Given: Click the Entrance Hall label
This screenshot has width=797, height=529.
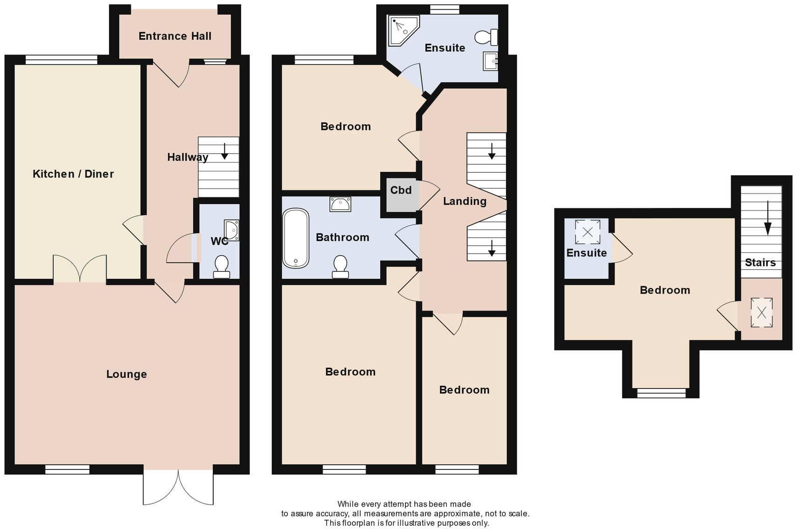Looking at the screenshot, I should point(175,36).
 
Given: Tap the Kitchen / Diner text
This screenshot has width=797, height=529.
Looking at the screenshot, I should point(73,174).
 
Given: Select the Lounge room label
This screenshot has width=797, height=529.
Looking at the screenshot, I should point(126,374).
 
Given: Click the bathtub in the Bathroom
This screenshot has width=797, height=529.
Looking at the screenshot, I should point(296,238).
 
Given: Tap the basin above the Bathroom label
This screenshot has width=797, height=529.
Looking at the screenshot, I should point(340,204).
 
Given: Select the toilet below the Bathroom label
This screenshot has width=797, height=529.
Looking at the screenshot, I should point(340,267).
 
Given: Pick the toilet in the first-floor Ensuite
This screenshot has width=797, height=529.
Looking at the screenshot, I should point(486,37).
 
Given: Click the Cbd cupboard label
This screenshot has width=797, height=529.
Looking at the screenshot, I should point(401,190).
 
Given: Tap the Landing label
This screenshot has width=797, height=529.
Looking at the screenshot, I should point(465,201).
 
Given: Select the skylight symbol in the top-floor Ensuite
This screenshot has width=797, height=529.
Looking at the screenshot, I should point(588,232).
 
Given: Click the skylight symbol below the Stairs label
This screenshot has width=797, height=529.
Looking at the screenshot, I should point(762,312).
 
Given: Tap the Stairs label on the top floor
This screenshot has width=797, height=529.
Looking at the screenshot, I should point(760,262).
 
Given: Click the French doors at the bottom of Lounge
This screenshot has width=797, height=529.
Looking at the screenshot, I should point(178,487).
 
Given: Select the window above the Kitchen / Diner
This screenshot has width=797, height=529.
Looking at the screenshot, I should point(61,59).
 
